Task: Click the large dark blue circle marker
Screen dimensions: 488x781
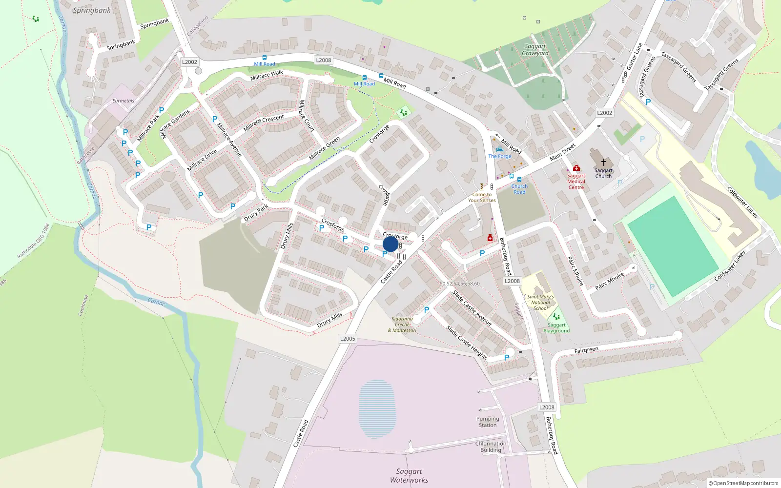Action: click(390, 244)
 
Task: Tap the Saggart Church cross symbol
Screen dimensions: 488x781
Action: click(604, 162)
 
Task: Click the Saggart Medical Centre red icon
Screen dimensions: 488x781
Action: click(576, 168)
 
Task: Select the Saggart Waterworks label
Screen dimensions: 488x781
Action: click(409, 475)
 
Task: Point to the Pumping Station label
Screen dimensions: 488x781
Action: click(488, 422)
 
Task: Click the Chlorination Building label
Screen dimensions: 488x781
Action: click(491, 447)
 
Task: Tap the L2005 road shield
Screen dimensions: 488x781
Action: click(348, 338)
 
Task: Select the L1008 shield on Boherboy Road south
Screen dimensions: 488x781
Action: click(547, 407)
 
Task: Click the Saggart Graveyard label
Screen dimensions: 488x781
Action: click(535, 50)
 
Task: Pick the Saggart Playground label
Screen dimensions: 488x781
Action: click(556, 327)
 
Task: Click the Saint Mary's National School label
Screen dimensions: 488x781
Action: click(540, 302)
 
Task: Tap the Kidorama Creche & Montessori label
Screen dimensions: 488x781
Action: click(402, 325)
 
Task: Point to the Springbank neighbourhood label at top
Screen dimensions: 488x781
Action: click(92, 10)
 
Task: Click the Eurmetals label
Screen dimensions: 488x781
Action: click(123, 101)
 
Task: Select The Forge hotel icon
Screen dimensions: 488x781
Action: click(499, 150)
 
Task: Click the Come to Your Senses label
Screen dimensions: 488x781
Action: click(482, 197)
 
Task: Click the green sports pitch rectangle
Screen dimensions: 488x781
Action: click(673, 246)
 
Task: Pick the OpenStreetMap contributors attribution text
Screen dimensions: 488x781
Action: click(743, 483)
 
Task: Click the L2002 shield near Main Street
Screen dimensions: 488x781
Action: click(604, 113)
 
